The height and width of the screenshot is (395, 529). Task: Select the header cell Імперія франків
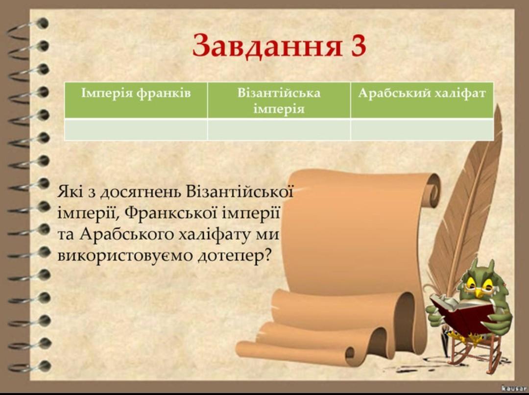tap(136, 100)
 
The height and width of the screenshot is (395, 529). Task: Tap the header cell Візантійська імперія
tap(279, 100)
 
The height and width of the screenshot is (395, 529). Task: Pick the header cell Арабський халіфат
tap(422, 100)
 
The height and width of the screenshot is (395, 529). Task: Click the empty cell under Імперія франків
tap(136, 130)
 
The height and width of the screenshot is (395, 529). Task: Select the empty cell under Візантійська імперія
tap(279, 130)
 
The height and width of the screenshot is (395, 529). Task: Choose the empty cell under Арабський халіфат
tap(422, 130)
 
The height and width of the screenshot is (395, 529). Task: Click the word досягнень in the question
tap(142, 193)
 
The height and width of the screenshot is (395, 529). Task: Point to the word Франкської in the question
tap(172, 213)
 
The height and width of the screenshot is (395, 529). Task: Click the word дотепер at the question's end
tap(235, 256)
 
